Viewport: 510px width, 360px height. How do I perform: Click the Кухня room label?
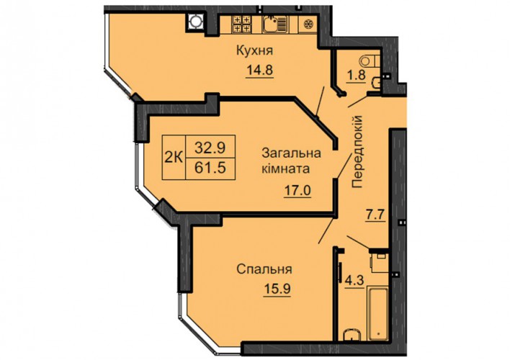click(x=255, y=51)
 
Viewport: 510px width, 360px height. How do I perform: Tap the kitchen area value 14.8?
click(x=259, y=70)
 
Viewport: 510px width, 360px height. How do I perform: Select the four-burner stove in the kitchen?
click(x=241, y=24)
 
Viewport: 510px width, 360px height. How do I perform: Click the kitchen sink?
click(x=275, y=24)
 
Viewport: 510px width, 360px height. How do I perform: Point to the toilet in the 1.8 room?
click(x=370, y=60)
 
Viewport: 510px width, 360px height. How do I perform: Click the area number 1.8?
click(x=356, y=75)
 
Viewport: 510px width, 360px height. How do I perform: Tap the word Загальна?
click(x=292, y=153)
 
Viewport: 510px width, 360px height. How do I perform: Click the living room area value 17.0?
click(x=297, y=190)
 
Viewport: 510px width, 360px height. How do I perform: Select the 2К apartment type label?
click(x=174, y=158)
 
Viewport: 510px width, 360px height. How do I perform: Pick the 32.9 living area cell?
click(x=210, y=148)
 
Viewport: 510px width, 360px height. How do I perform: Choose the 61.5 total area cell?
click(x=210, y=168)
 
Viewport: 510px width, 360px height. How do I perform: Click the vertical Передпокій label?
click(x=357, y=151)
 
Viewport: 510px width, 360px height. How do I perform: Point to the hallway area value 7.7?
click(x=375, y=215)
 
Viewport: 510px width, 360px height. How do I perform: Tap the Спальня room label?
click(x=264, y=269)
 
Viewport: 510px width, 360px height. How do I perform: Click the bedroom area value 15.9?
click(x=277, y=289)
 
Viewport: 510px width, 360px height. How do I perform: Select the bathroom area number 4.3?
click(x=354, y=280)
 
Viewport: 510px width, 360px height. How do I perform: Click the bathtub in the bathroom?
click(x=377, y=313)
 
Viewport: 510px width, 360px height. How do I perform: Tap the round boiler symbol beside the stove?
click(x=195, y=22)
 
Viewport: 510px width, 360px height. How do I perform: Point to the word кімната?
click(x=286, y=169)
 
